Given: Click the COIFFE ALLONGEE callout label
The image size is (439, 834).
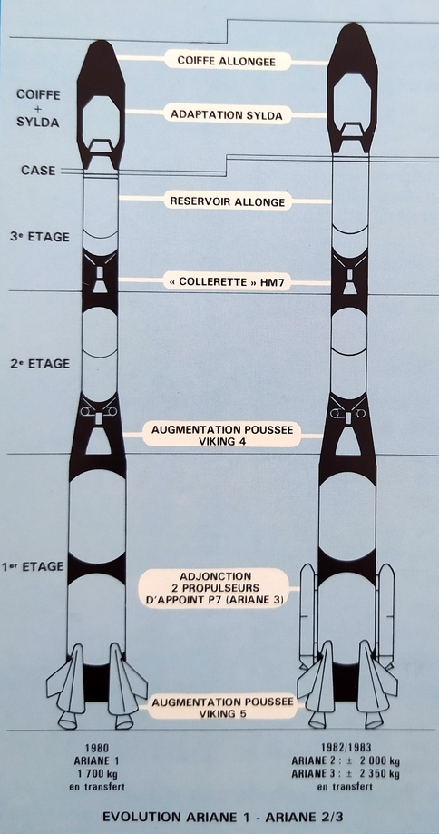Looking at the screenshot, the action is click(228, 61).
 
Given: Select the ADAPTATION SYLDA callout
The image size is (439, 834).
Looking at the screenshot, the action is click(227, 114).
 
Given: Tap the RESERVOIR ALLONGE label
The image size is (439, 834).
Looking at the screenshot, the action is click(228, 201).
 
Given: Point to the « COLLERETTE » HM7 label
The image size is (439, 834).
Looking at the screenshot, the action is click(227, 281).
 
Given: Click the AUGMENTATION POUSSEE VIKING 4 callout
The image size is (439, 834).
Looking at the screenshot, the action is click(222, 435).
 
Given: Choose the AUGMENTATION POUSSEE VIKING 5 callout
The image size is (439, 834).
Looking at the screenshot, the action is click(223, 708).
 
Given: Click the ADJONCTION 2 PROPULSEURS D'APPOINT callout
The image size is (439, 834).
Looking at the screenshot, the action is click(215, 588).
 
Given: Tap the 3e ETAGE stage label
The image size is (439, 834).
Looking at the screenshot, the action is click(40, 237).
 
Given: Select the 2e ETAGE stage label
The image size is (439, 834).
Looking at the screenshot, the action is click(40, 364).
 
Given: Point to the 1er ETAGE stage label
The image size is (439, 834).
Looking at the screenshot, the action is click(33, 566).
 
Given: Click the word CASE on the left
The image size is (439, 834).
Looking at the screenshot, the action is click(38, 171).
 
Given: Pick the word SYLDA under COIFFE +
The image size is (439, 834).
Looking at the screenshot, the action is click(38, 123).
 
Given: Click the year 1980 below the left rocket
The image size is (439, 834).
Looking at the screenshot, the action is click(97, 748).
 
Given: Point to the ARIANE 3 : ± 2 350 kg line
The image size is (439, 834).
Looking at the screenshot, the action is click(345, 774).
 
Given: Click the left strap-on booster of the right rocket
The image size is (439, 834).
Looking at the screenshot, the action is click(307, 615).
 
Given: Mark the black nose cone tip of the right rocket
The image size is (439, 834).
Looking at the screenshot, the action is click(352, 25).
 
